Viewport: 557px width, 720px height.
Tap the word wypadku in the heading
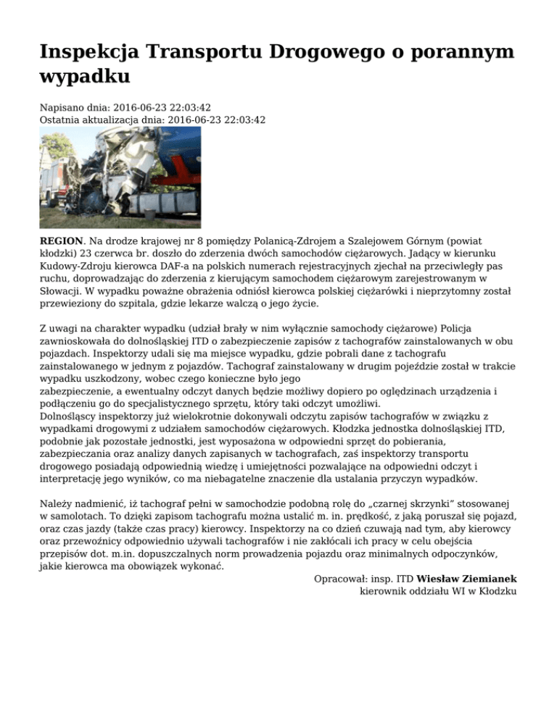click(85, 75)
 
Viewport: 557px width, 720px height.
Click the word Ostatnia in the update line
click(61, 120)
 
